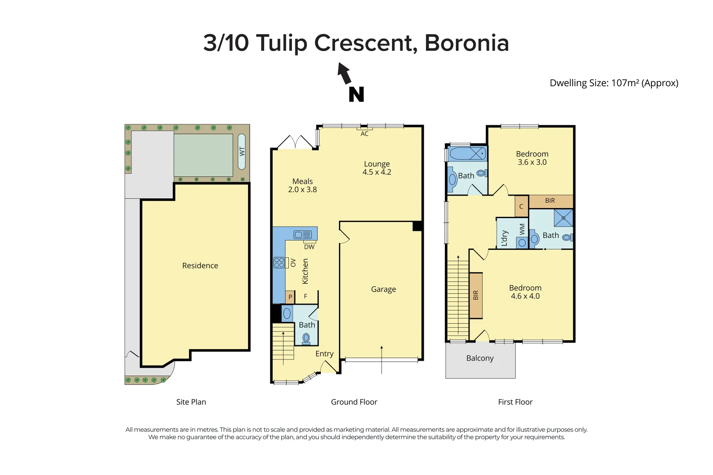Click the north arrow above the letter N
[345, 73]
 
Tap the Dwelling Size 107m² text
[614, 83]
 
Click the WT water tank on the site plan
[242, 152]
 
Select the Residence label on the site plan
[200, 266]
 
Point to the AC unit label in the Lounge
[364, 134]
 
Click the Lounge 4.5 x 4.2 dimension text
[377, 172]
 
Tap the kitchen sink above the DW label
[303, 235]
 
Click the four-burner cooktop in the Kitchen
[279, 263]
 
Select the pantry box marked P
[290, 297]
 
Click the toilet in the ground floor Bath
[306, 339]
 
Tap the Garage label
[383, 289]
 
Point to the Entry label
[324, 354]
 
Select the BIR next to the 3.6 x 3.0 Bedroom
[550, 201]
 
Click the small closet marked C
[521, 206]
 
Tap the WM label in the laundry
[522, 229]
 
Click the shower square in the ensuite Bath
[563, 218]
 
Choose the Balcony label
[480, 358]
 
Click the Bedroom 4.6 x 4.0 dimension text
[525, 296]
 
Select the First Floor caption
[515, 402]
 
